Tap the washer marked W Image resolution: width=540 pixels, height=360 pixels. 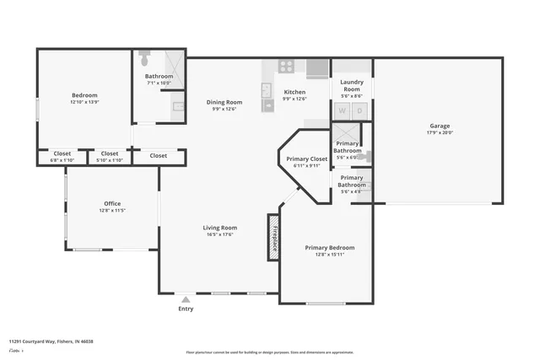tap(343, 110)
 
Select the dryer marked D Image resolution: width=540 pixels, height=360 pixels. tap(359, 110)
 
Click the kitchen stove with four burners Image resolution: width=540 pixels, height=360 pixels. tap(286, 65)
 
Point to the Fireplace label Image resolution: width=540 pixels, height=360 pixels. tap(274, 237)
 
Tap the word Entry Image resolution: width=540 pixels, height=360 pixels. tap(186, 309)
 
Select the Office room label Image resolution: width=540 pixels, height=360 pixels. tap(112, 203)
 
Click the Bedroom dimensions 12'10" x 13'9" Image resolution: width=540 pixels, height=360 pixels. tap(84, 102)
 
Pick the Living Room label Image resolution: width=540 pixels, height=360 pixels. tap(219, 228)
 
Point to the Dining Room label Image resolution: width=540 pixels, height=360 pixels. tap(224, 102)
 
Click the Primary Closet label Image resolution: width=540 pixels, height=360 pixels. tap(306, 159)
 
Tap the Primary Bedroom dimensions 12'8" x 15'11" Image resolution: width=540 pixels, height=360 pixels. tap(329, 255)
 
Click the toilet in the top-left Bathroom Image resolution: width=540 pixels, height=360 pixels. tap(144, 59)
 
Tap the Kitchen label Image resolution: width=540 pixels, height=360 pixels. tap(294, 92)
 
